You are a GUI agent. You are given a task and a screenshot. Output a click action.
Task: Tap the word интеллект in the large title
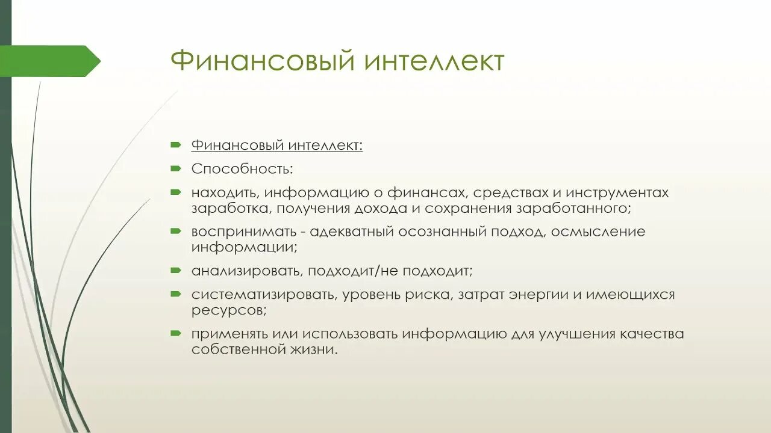point(429,62)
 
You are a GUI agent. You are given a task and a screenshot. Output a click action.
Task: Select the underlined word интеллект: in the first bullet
point(325,146)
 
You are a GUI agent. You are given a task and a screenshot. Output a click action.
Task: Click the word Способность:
point(242,169)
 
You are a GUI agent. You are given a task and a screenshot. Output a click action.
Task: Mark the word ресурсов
point(228,310)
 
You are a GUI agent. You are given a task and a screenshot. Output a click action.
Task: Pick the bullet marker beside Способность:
point(175,168)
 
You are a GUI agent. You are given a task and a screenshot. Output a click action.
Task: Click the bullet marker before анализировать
point(175,270)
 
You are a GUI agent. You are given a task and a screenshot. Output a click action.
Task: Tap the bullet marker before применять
point(175,333)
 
